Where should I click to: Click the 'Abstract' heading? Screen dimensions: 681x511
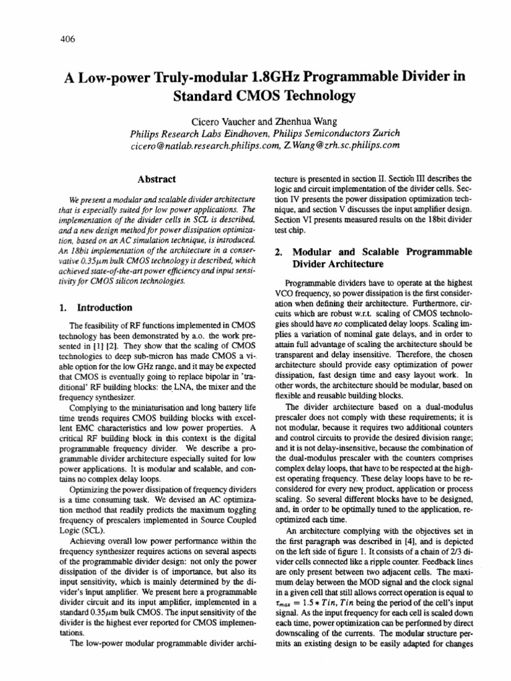[x=156, y=180]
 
